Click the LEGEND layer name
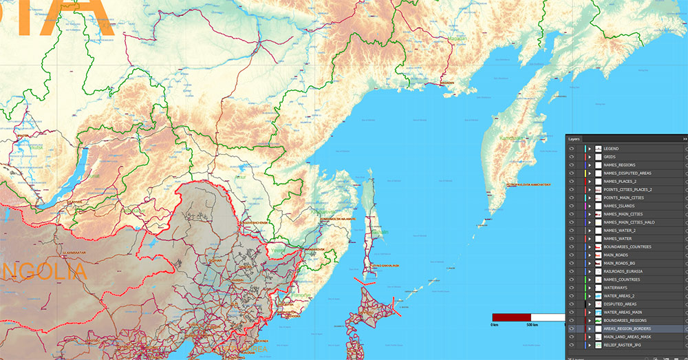[611, 149]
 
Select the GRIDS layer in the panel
[610, 157]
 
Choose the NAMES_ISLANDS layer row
[620, 206]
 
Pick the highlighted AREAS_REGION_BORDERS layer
[627, 329]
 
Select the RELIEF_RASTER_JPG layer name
[624, 345]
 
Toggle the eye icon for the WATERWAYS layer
[572, 288]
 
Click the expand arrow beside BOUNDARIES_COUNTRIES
[590, 247]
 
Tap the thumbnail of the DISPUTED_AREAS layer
[599, 304]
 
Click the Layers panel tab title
[574, 138]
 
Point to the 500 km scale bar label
[531, 324]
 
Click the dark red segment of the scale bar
[511, 317]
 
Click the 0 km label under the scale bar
[494, 324]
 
